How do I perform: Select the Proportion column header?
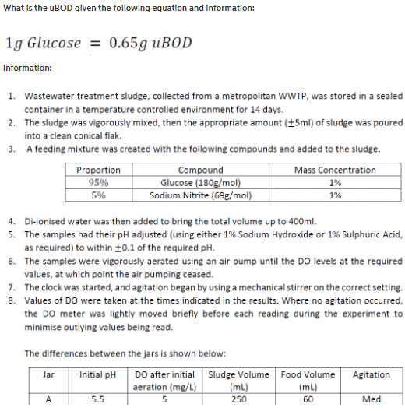[x=99, y=170]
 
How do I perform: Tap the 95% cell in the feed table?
[x=99, y=182]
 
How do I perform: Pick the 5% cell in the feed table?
[x=99, y=195]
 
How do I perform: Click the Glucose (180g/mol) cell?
[x=200, y=182]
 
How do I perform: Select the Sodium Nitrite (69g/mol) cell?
[x=200, y=195]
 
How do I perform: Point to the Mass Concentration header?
[x=335, y=170]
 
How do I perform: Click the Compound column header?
[x=200, y=170]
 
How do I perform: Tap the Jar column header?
[x=48, y=374]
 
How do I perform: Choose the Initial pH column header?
[x=97, y=374]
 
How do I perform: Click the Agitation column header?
[x=372, y=374]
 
